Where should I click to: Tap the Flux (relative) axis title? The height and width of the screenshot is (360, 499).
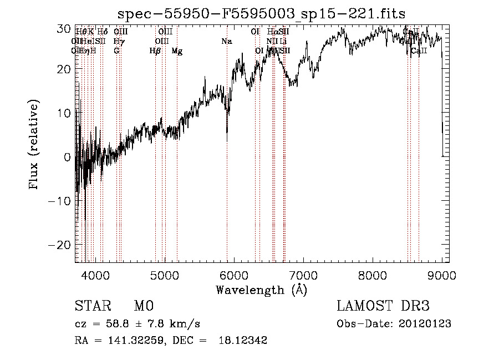34,145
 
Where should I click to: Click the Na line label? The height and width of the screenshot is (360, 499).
226,42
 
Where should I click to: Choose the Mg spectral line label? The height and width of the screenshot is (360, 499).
177,51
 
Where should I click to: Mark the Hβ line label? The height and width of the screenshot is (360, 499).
155,51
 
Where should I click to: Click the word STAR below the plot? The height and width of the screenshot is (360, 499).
92,306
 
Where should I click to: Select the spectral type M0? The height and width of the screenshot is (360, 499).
143,306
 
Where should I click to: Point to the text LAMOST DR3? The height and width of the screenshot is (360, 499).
383,306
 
